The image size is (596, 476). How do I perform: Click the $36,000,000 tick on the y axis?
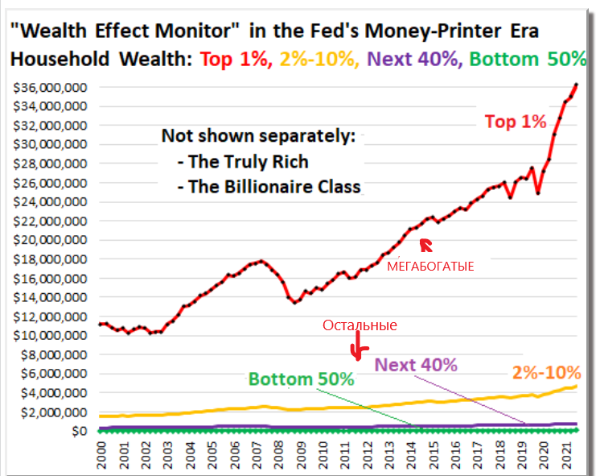pyautogui.click(x=49, y=87)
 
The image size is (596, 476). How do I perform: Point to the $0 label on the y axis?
pyautogui.click(x=78, y=432)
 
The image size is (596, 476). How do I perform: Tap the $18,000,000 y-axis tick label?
pyautogui.click(x=49, y=259)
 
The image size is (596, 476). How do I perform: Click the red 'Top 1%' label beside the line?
pyautogui.click(x=516, y=122)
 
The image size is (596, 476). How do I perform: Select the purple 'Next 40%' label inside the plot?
pyautogui.click(x=416, y=364)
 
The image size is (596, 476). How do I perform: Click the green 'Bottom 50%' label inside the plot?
pyautogui.click(x=301, y=379)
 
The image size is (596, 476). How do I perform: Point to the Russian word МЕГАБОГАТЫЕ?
pyautogui.click(x=430, y=265)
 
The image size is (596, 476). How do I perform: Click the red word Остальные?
pyautogui.click(x=360, y=325)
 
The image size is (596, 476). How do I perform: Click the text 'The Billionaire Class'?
pyautogui.click(x=273, y=187)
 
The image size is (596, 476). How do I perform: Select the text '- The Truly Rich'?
pyautogui.click(x=242, y=162)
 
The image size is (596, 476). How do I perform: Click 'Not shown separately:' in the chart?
pyautogui.click(x=257, y=135)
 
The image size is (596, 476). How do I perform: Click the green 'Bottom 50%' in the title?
pyautogui.click(x=527, y=59)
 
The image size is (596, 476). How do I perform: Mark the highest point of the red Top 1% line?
pyautogui.click(x=576, y=85)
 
